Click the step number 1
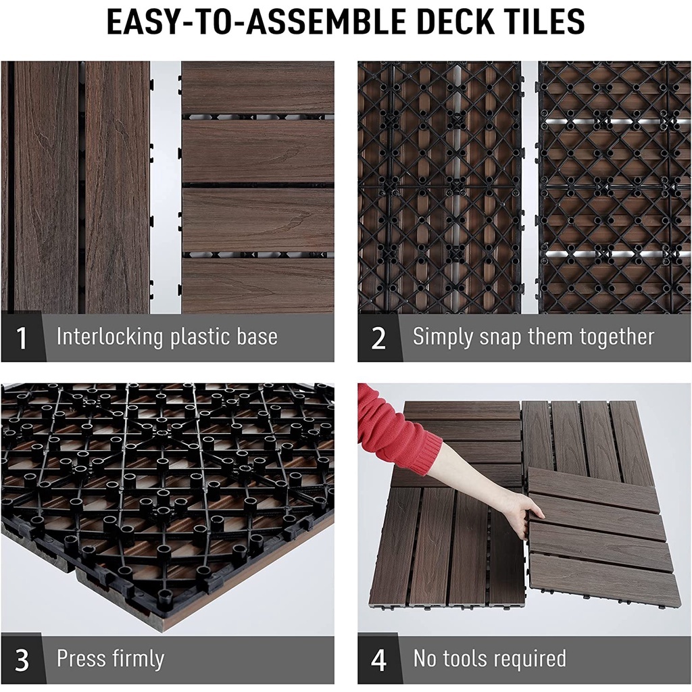[x=21, y=338]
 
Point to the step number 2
[x=378, y=338]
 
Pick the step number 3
[x=22, y=660]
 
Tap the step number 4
[x=378, y=660]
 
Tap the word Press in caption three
[x=80, y=658]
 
